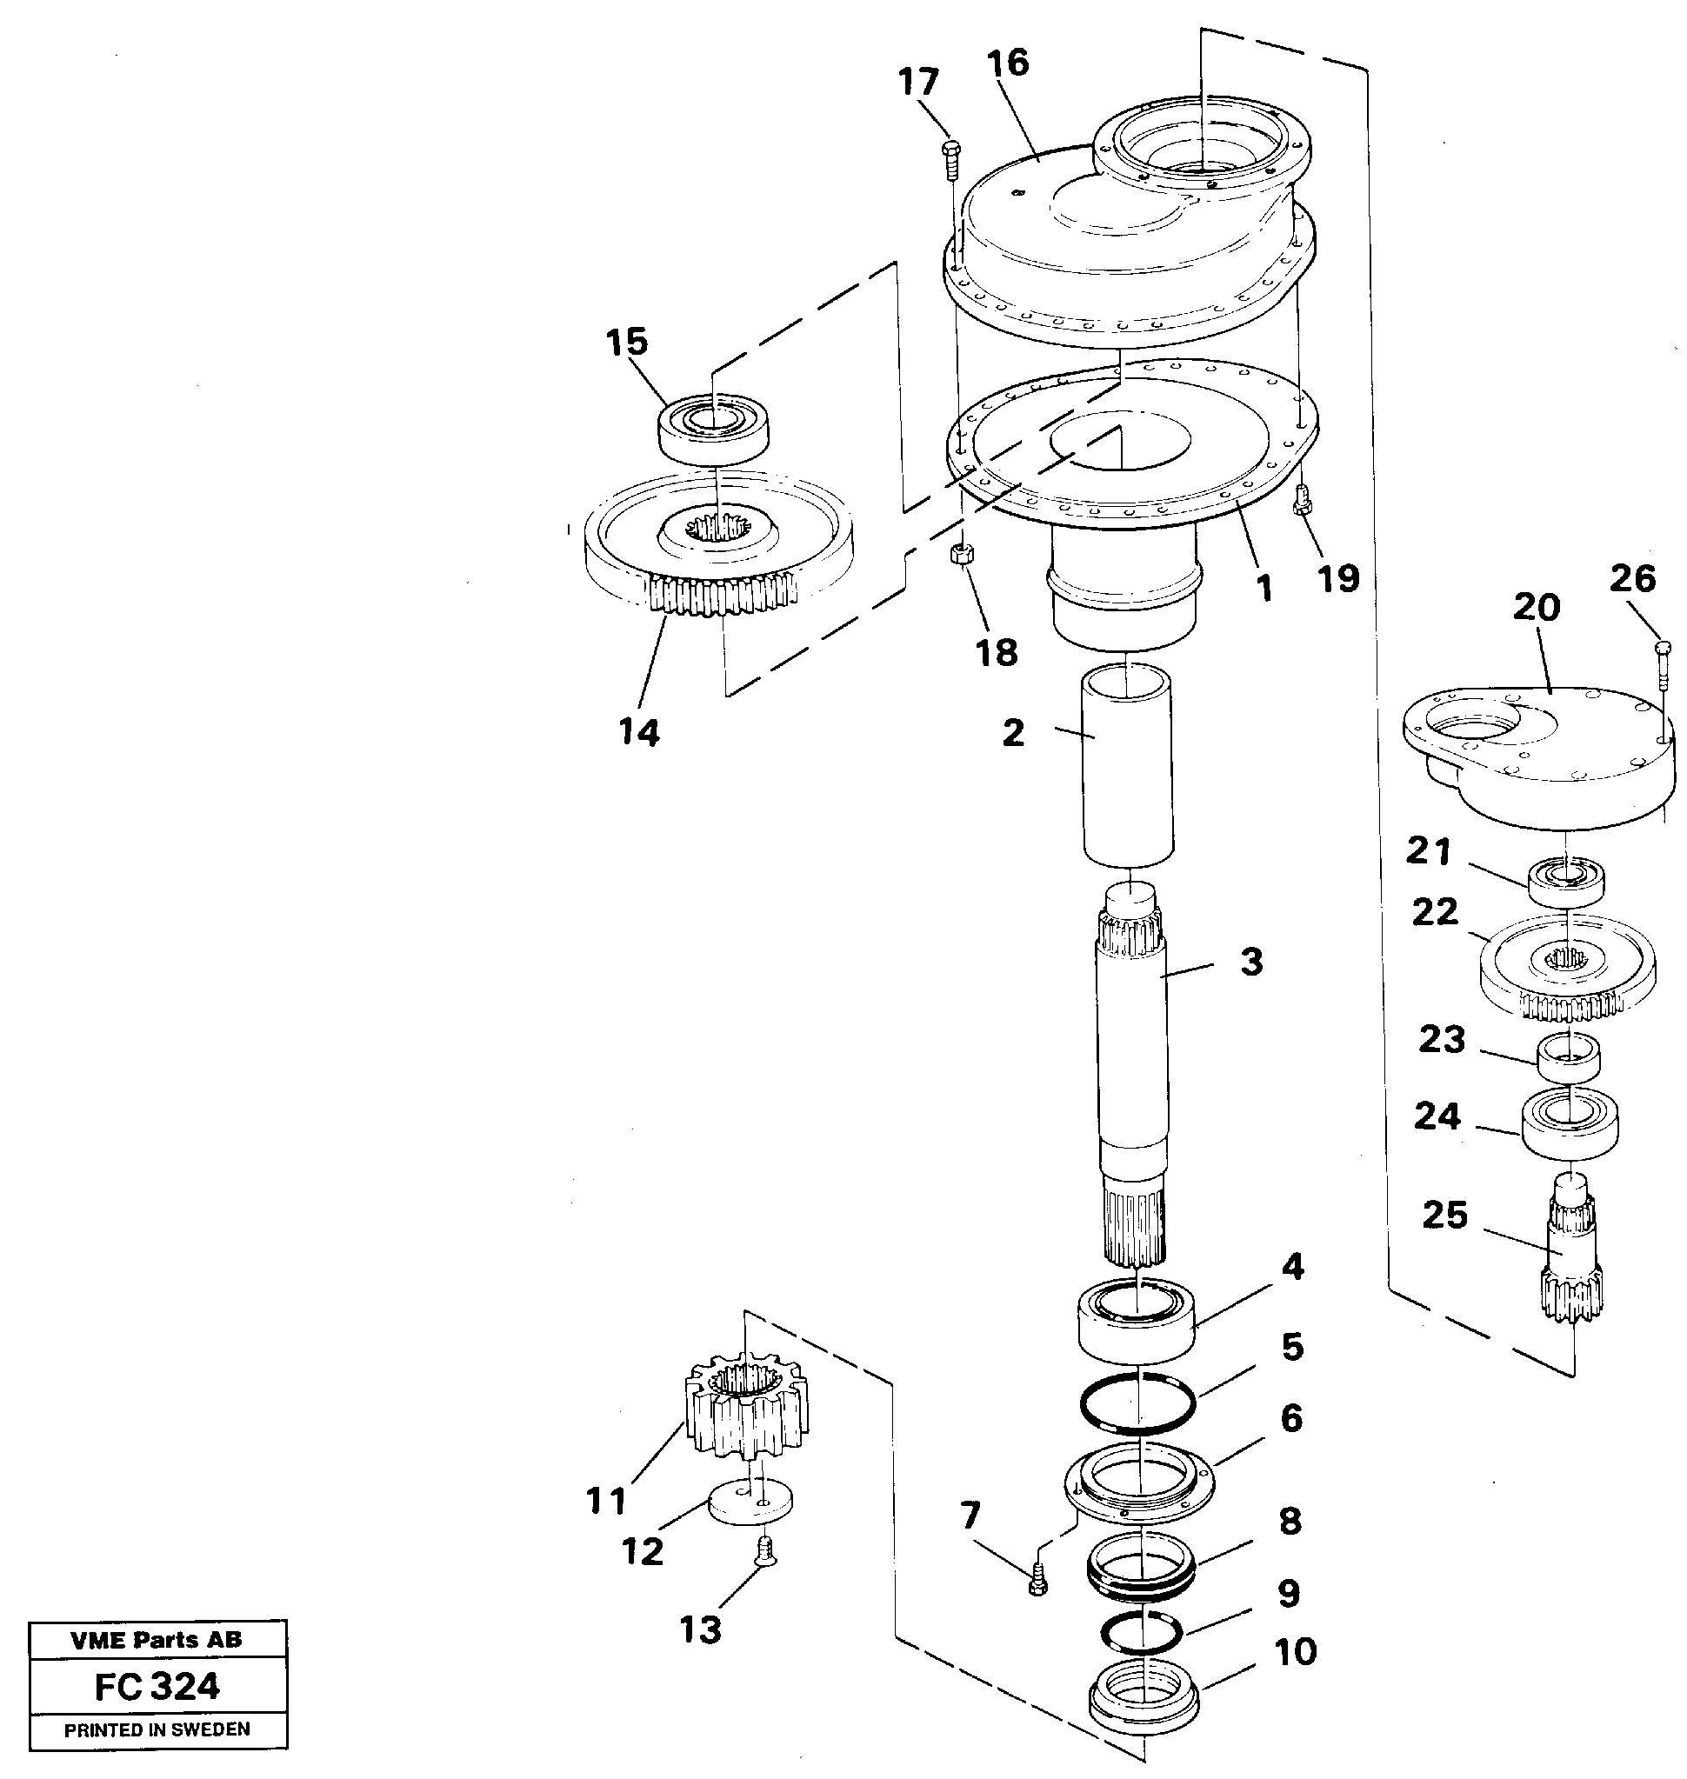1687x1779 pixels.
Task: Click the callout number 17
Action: pyautogui.click(x=918, y=82)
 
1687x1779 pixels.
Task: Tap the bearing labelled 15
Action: pyautogui.click(x=712, y=430)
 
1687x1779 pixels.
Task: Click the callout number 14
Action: pyautogui.click(x=639, y=733)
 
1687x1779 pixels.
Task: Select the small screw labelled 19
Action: pyautogui.click(x=1300, y=500)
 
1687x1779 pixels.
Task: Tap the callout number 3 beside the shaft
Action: pyautogui.click(x=1250, y=962)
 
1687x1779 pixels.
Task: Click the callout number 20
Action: pyautogui.click(x=1536, y=608)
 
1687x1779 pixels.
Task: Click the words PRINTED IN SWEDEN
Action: pyautogui.click(x=157, y=1729)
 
